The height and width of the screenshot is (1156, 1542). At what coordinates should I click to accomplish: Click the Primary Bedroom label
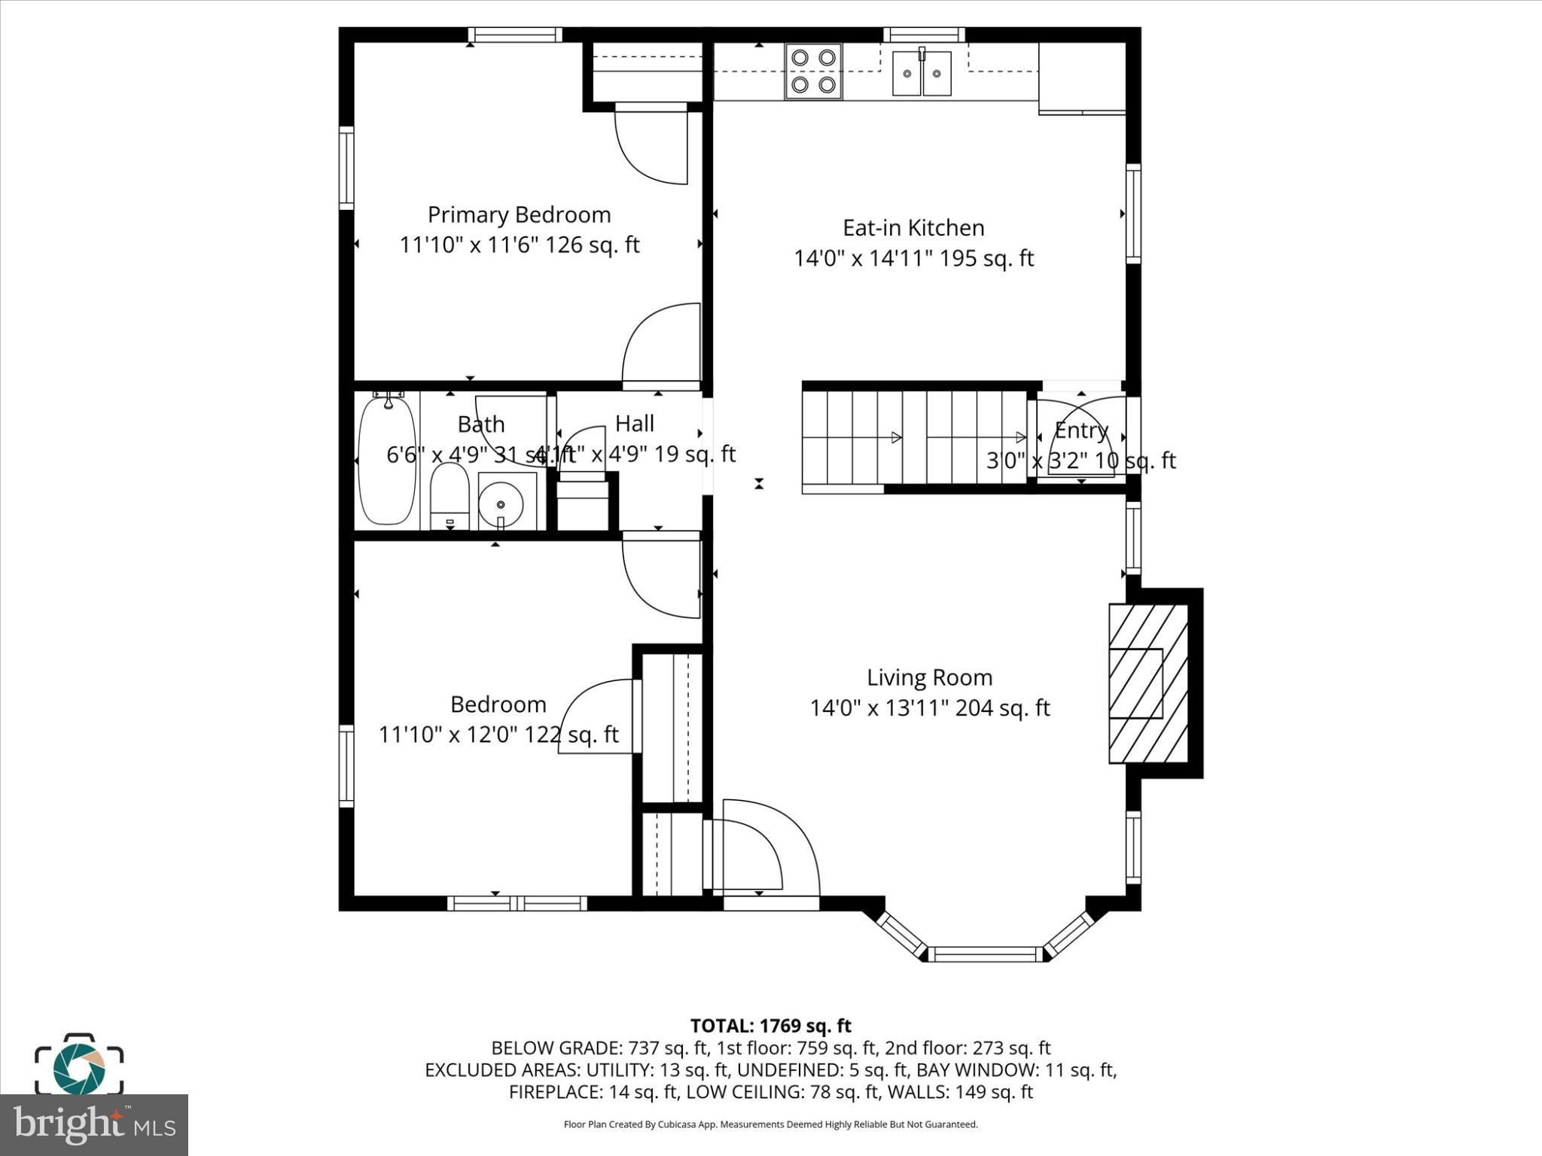[x=519, y=215]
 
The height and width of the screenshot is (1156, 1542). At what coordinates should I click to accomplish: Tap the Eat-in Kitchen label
[x=913, y=228]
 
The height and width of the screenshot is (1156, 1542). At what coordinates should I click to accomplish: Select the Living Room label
[x=929, y=677]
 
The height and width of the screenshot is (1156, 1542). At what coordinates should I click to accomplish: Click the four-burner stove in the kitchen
[x=813, y=71]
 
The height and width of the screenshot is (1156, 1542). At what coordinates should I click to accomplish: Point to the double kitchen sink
[x=922, y=74]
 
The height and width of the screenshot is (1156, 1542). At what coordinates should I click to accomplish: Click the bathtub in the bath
[x=386, y=461]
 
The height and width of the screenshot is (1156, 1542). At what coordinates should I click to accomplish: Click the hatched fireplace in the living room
[x=1147, y=683]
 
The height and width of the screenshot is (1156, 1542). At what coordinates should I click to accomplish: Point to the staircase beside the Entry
[x=915, y=437]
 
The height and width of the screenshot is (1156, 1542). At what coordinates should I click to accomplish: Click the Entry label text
[x=1081, y=430]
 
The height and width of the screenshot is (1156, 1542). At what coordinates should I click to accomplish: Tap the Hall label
[x=634, y=424]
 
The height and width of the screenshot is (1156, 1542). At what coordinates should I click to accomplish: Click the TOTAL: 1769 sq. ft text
[x=770, y=1026]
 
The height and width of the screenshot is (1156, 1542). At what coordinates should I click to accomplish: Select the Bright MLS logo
[x=93, y=1125]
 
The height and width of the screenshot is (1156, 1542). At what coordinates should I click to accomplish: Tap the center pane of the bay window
[x=985, y=954]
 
